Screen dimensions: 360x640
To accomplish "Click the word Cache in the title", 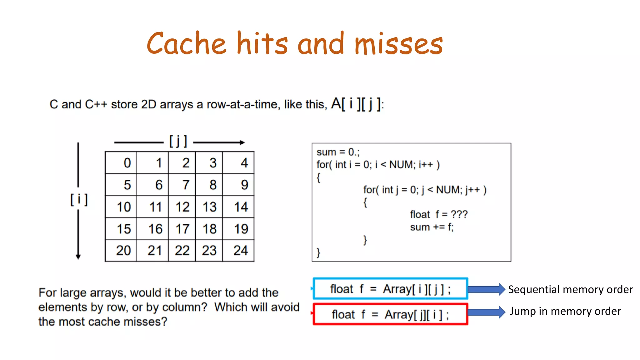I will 186,44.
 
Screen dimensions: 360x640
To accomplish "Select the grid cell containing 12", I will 182,207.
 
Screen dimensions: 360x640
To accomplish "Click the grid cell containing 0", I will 121,163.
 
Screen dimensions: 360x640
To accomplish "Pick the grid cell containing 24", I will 238,251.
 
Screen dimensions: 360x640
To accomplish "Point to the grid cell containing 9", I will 238,185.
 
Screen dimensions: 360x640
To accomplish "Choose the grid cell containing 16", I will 152,229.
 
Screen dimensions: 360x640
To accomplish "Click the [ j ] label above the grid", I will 178,141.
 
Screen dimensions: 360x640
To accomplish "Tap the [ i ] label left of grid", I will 79,199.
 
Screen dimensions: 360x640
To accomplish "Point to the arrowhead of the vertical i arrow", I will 78,257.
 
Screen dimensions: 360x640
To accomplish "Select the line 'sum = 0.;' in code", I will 338,152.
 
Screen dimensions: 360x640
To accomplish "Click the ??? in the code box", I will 459,214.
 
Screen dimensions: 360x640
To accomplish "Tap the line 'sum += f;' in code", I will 432,227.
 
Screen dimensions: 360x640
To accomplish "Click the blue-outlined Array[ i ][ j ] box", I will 390,289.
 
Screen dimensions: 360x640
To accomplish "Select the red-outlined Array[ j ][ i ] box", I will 390,314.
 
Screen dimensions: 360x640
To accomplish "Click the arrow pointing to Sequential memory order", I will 486,289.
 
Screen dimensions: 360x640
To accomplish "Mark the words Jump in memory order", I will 565,311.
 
